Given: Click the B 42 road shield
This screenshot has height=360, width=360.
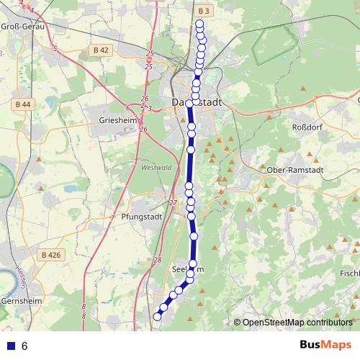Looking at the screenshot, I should coord(101,50).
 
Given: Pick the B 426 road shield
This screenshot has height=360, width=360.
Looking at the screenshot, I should coord(50,255).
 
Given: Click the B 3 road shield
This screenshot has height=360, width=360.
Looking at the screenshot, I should coord(203,11).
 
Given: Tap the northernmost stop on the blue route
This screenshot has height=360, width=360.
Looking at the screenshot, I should coord(199,24).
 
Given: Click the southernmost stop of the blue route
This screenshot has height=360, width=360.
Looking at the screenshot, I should coord(157,315).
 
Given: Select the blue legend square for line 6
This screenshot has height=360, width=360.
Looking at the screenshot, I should coord(10,346).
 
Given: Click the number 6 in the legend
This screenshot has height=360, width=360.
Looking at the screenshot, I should coord(24,346).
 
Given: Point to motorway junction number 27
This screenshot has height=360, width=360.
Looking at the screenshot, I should coord(173,203).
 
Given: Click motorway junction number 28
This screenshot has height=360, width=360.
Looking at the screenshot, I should coord(158,260).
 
